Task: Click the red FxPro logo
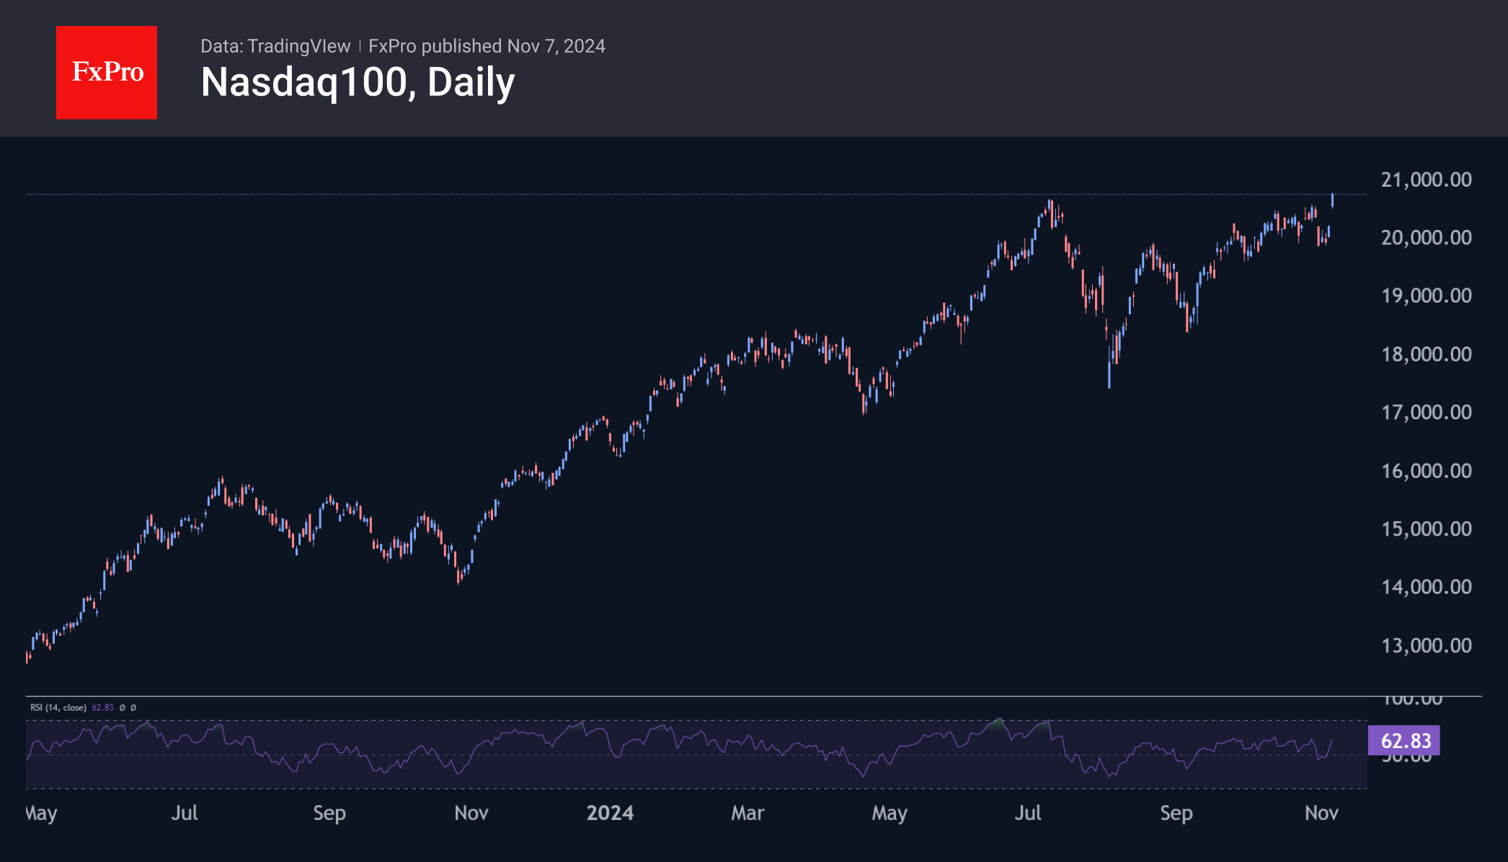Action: tap(107, 72)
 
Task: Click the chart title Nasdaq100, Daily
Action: tap(358, 82)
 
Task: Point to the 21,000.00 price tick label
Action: tap(1426, 179)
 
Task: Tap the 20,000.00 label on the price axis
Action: tap(1426, 237)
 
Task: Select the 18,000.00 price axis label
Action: tap(1426, 354)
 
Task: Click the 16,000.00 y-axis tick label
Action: tap(1426, 471)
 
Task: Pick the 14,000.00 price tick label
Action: tap(1426, 587)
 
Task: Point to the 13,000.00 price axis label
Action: tap(1426, 645)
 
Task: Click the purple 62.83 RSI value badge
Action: tap(1403, 740)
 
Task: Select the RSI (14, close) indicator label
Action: tap(58, 708)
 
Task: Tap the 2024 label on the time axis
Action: tap(610, 813)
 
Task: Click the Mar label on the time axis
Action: tap(748, 813)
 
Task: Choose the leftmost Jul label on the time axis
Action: tap(185, 813)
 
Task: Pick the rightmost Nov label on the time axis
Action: tap(1321, 813)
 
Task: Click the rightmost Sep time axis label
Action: tap(1176, 813)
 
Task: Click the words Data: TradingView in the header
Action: tap(275, 46)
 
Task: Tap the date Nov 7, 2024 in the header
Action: tap(556, 46)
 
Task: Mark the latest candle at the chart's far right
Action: tap(1332, 200)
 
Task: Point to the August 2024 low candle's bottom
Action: tap(1109, 386)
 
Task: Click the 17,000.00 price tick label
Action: tap(1426, 412)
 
